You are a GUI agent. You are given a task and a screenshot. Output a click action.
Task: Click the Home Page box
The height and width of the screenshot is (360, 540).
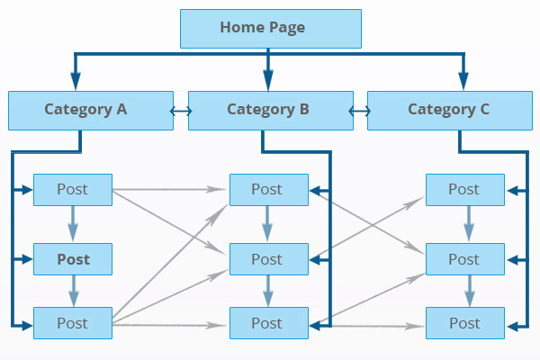271,28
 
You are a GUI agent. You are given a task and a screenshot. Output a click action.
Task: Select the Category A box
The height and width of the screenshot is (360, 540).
90,110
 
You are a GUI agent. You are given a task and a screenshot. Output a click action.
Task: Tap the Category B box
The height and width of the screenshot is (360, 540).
268,110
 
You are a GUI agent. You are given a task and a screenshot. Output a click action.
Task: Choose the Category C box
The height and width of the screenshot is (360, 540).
448,110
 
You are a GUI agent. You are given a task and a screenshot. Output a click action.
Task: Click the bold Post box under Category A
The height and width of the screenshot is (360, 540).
73,259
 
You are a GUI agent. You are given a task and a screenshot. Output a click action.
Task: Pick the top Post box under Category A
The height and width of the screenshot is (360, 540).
73,189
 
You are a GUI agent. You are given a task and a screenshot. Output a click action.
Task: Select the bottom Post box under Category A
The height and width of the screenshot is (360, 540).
73,323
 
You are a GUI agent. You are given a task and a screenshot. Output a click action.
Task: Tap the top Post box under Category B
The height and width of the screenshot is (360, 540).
267,189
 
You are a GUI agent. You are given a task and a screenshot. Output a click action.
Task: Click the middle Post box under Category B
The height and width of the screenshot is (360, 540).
267,259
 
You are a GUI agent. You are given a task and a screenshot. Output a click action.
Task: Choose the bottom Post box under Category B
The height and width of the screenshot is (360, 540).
267,323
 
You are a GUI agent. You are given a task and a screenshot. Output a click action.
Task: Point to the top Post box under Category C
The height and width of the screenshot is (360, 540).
464,189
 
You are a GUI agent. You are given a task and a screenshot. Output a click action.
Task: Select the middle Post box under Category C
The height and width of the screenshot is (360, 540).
464,259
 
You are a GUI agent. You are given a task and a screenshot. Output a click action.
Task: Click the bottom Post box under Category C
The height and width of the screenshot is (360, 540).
464,323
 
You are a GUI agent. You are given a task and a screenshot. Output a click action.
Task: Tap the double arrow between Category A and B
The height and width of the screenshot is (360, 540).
180,111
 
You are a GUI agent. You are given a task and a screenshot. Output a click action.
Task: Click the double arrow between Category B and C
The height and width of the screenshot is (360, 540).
360,111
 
